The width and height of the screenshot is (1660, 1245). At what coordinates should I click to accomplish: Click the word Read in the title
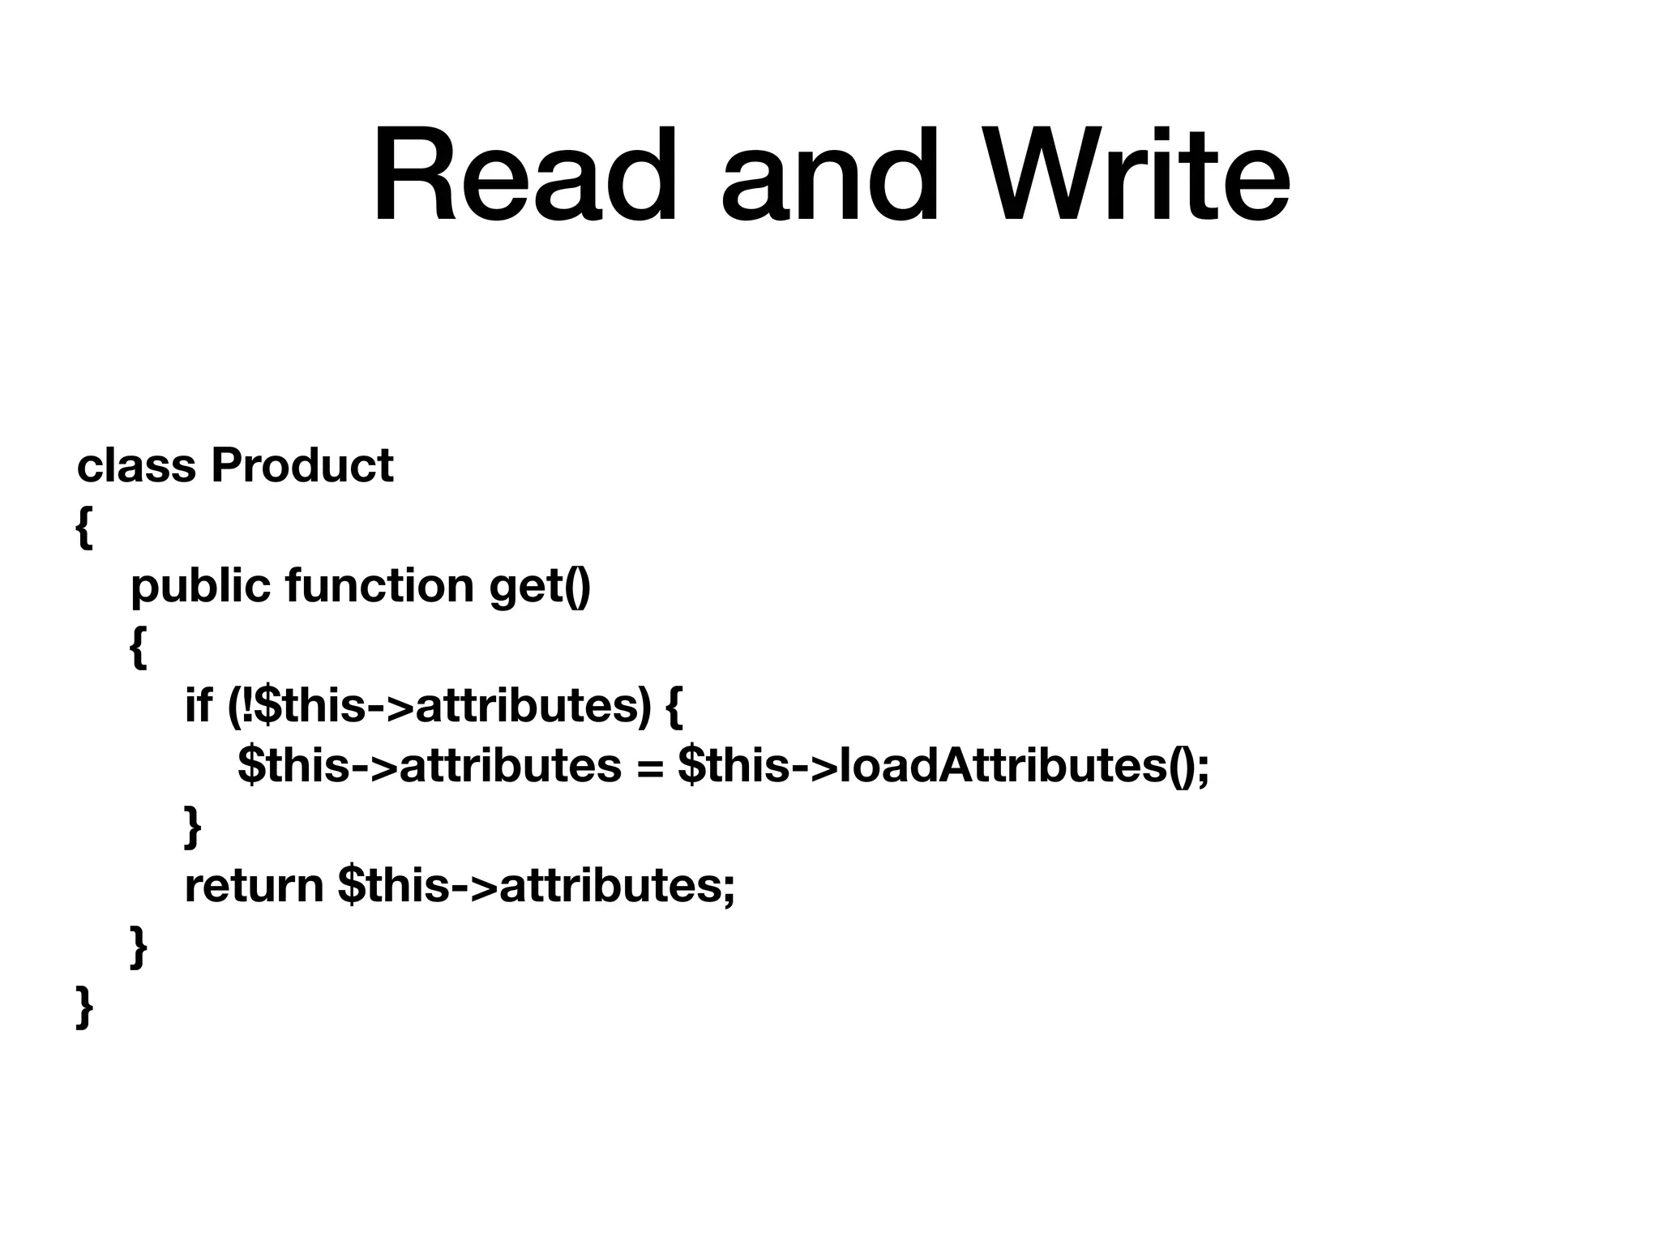tap(524, 177)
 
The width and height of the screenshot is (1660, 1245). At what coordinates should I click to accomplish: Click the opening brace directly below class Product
tap(83, 529)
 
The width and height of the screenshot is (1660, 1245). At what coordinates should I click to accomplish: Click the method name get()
tap(541, 586)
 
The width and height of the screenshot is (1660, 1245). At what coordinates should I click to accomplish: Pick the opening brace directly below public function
tap(138, 648)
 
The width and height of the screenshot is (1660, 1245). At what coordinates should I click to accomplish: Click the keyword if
tap(198, 704)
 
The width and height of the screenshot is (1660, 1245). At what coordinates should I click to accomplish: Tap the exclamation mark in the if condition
tap(247, 704)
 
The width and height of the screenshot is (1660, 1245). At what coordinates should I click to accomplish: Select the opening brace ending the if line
tap(674, 706)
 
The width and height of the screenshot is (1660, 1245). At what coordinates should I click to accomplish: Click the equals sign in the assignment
tap(649, 766)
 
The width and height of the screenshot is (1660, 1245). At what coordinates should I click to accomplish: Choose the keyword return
tap(255, 886)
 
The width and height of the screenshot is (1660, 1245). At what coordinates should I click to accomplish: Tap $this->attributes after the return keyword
tap(536, 886)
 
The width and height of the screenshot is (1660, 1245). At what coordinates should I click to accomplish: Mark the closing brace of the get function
tap(138, 948)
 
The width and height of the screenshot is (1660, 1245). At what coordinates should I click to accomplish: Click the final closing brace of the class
tap(84, 1008)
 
